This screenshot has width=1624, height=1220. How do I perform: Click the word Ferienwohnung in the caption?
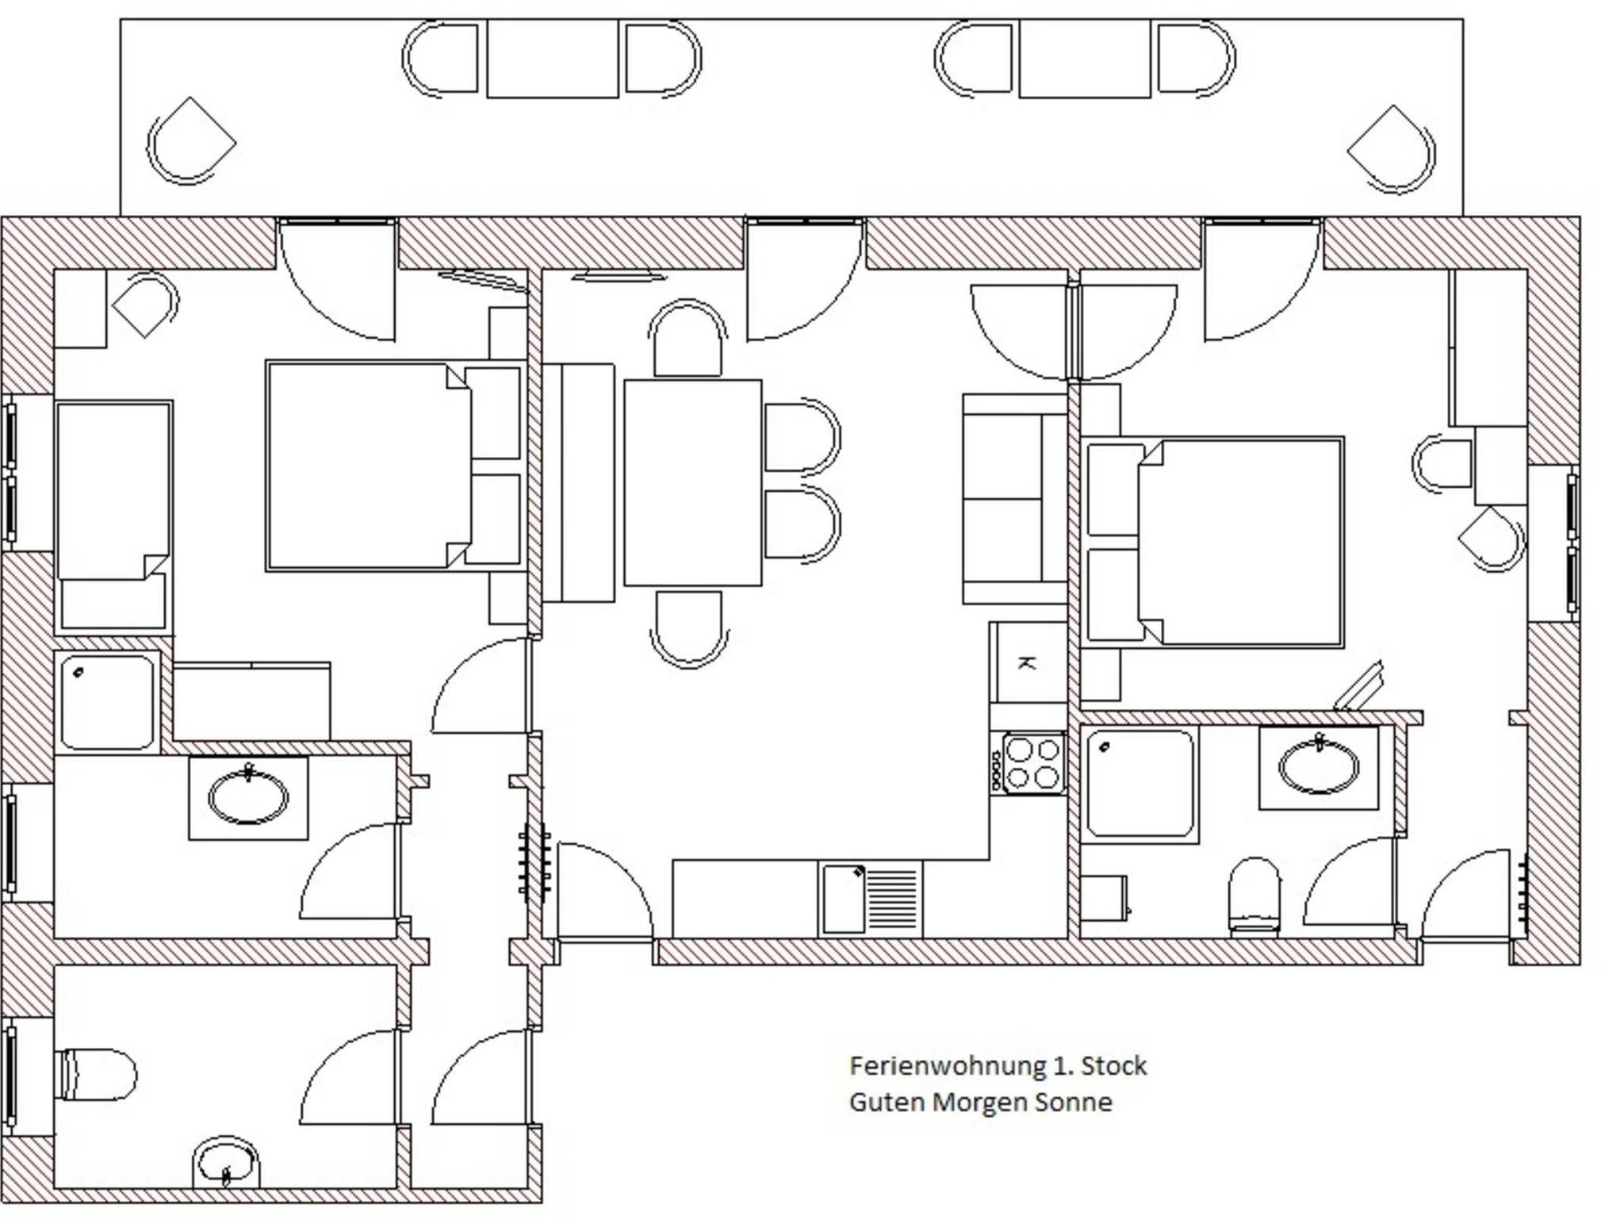point(948,1066)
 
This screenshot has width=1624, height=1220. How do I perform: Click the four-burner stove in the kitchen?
point(1033,763)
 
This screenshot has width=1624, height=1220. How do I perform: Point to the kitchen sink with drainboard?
point(871,899)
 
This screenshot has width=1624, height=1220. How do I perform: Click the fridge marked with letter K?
point(1028,662)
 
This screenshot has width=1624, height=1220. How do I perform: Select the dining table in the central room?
point(692,482)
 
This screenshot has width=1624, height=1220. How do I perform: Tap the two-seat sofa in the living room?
point(1013,499)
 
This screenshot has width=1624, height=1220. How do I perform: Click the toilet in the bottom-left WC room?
point(96,1075)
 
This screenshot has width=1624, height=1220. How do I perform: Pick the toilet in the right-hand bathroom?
point(1254,895)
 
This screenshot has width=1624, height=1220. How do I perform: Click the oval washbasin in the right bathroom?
point(1319,766)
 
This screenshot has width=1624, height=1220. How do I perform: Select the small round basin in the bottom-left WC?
point(228,1163)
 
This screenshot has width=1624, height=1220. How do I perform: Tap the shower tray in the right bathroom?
point(1140,783)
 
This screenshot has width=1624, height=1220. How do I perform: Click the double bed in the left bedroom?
point(394,466)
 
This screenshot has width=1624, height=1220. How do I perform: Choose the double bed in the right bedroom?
point(1214,542)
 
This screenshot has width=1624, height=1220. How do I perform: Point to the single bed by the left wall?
point(113,516)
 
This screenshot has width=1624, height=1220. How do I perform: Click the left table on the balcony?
point(552,59)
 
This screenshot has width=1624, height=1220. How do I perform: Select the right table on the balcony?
point(1084,59)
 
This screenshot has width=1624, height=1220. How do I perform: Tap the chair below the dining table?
point(689,627)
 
